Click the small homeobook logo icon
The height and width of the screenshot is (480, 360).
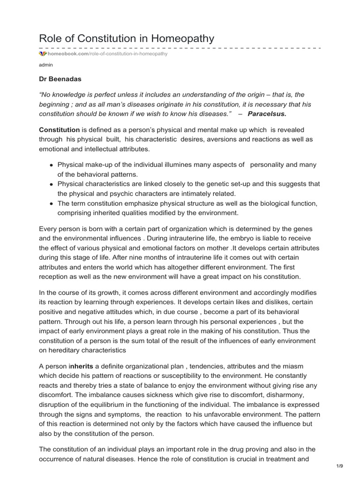click(43, 54)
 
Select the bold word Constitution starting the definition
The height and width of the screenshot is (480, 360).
click(59, 129)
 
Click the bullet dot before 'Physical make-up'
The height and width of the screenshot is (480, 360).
click(51, 165)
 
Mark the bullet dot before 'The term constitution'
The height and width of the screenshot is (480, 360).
click(51, 203)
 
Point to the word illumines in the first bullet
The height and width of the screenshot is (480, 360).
click(167, 165)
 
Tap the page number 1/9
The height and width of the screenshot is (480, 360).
click(340, 466)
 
